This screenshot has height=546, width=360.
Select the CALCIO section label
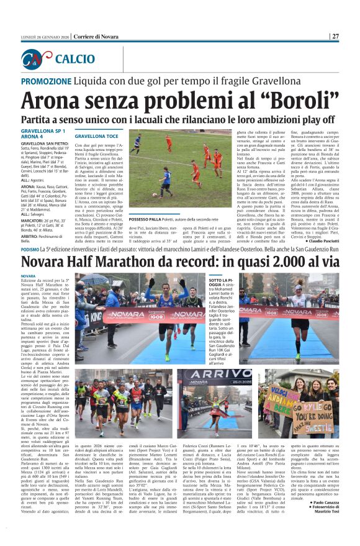coord(75,59)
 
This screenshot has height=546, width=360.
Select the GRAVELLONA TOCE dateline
coord(96,135)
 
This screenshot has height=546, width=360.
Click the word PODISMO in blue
coord(30,248)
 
